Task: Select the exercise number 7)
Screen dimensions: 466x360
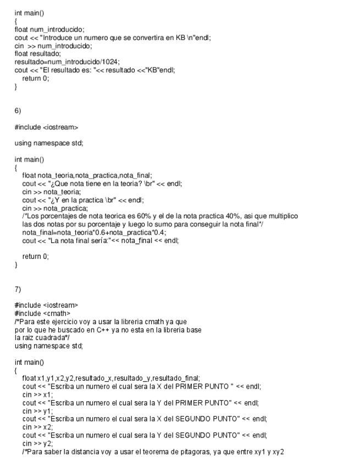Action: (18, 289)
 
